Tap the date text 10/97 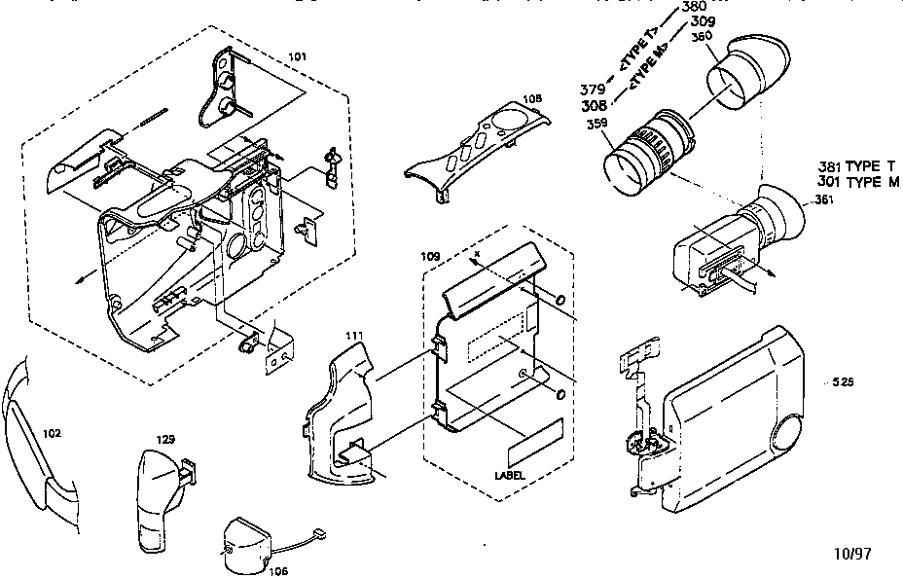tap(853, 553)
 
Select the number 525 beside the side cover tap(843, 382)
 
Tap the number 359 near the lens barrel tap(597, 124)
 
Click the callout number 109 tap(430, 256)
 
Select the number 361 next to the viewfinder tap(824, 200)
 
